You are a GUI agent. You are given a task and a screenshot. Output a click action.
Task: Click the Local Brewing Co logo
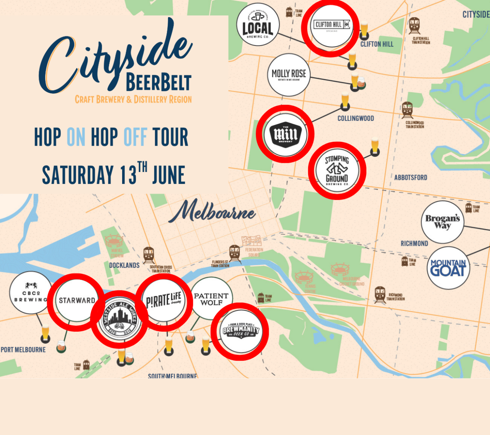[x=258, y=25]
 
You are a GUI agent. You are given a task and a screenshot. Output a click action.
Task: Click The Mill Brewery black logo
[x=285, y=134]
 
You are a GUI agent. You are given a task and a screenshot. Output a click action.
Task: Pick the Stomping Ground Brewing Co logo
[x=337, y=170]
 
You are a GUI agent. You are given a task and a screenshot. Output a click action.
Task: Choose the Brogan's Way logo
[x=443, y=222]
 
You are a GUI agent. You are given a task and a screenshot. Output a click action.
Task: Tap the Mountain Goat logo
[x=448, y=268]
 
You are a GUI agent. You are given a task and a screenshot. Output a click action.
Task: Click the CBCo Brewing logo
[x=30, y=293]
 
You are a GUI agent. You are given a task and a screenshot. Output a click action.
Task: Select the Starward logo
[x=77, y=300]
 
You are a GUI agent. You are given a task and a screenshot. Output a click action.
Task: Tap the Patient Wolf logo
[x=211, y=299]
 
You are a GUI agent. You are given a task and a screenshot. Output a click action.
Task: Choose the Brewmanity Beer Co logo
[x=240, y=331]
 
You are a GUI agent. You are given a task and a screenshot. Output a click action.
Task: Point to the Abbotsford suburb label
[x=411, y=177]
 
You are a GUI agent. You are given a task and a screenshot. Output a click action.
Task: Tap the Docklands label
[x=124, y=265]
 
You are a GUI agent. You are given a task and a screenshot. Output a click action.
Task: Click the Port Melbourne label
[x=23, y=350]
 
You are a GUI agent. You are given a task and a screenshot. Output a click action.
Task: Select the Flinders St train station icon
[x=234, y=253]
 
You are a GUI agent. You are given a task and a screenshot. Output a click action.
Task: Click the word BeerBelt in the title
[x=158, y=82]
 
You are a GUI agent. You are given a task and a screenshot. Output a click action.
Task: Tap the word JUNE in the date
[x=169, y=175]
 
